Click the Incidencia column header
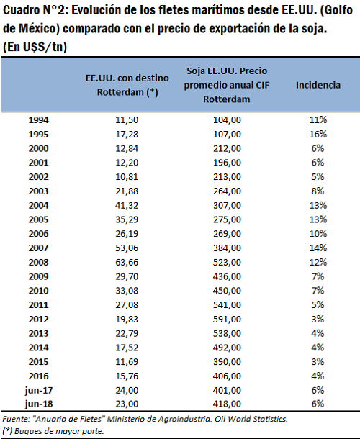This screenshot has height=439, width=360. point(318,85)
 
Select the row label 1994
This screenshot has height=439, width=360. point(38,120)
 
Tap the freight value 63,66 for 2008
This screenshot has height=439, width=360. point(127,263)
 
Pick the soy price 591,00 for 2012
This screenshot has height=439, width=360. point(227,319)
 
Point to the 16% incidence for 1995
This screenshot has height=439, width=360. point(318,134)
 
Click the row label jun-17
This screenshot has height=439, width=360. point(39,390)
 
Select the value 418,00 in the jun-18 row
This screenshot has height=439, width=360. point(227,404)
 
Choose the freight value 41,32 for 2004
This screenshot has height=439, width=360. point(127,206)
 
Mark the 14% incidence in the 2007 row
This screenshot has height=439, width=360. point(318,248)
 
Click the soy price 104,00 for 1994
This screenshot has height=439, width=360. point(227,120)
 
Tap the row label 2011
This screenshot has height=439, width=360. point(38,305)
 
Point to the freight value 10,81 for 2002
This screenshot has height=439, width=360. point(127,177)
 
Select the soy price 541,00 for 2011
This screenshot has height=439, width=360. point(227,305)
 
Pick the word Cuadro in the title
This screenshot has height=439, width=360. point(22,10)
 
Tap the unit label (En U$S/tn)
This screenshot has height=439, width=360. point(35,47)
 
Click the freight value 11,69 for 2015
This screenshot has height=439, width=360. point(127,362)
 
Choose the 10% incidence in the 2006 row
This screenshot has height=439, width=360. point(318,234)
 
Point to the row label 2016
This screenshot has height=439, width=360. point(38,376)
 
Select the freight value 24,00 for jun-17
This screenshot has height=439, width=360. point(127,390)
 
